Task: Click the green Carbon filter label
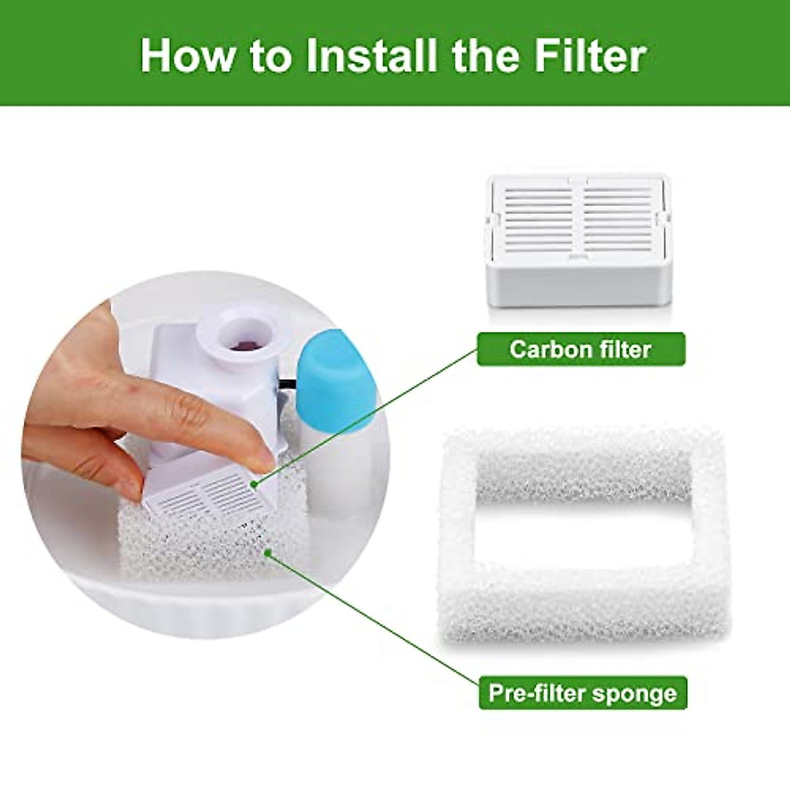(x=580, y=349)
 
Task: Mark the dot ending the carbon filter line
(x=253, y=485)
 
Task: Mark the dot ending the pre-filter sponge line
(x=267, y=553)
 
